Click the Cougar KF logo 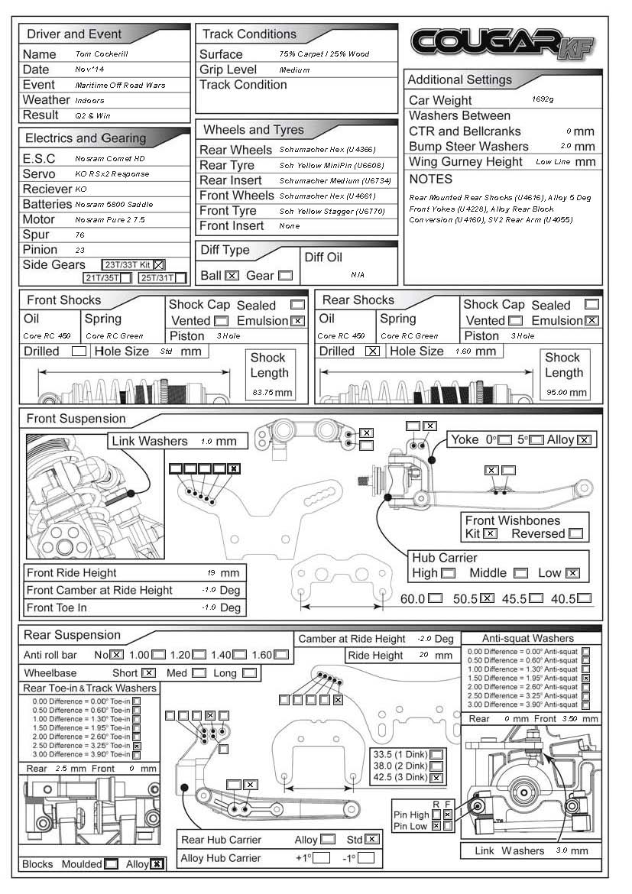pos(502,44)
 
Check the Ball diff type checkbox pos(232,275)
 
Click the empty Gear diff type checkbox pos(285,275)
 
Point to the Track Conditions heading pos(249,34)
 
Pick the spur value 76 pos(79,235)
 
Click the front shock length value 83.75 pos(263,393)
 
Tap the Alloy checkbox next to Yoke pos(585,439)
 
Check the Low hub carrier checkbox pos(572,573)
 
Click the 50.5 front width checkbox pos(486,598)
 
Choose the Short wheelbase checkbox pos(148,673)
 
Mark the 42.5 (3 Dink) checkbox pos(437,778)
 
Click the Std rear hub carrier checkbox pos(372,839)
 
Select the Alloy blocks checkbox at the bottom pos(157,864)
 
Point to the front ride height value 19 pos(211,573)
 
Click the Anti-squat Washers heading pos(527,638)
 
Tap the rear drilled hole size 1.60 pos(464,351)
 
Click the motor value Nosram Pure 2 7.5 pos(111,219)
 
